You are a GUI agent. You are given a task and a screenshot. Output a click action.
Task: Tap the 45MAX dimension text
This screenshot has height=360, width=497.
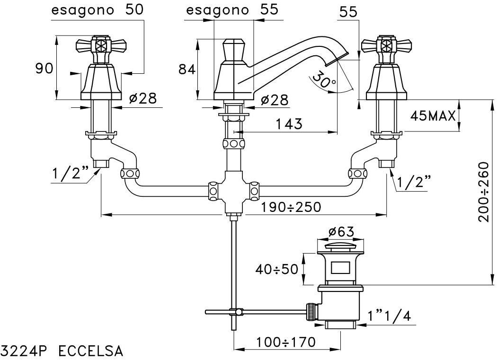tap(432, 116)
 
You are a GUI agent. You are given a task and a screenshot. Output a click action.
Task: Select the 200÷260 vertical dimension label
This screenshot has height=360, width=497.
tap(482, 192)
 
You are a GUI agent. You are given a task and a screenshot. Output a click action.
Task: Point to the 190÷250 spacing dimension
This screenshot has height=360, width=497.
tap(291, 207)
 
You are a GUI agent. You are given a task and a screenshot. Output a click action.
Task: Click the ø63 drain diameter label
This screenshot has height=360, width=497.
tap(341, 232)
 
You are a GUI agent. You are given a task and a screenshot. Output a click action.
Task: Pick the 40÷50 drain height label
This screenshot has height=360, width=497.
tap(277, 269)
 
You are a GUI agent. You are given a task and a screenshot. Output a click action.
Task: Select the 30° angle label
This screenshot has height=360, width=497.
tap(324, 80)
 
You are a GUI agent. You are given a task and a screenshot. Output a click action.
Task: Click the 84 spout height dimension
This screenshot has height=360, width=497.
tap(187, 70)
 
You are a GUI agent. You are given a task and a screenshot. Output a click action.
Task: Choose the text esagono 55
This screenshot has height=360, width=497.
tap(232, 10)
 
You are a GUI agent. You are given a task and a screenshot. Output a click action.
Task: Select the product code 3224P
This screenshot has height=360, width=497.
tap(27, 351)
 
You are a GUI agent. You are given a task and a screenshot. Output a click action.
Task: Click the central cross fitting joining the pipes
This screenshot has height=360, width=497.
tap(231, 192)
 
